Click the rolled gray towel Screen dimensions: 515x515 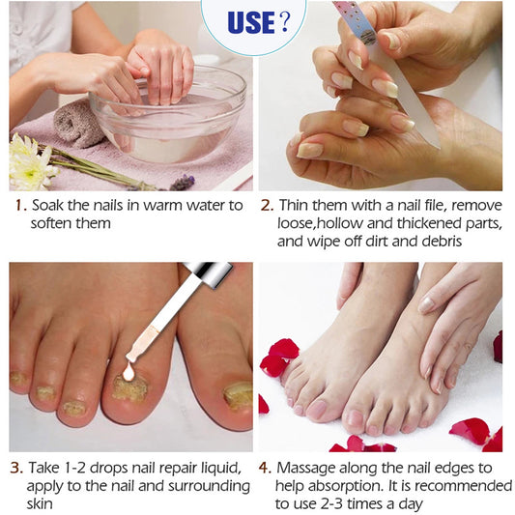click(78, 126)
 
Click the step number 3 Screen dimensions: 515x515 click(16, 468)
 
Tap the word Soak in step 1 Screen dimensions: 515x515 click(48, 206)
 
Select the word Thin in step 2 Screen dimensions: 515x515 click(296, 206)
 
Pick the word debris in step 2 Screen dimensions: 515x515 click(453, 241)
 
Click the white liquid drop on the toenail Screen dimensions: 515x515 click(130, 371)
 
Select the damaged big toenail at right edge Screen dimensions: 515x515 click(238, 395)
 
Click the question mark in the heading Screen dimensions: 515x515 click(283, 22)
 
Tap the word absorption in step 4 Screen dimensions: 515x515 click(343, 486)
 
